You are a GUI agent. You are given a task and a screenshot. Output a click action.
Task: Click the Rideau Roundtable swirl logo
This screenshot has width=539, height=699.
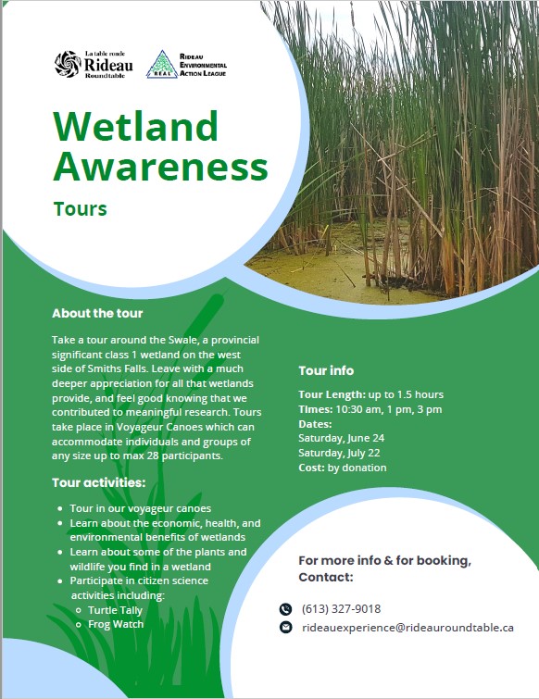68,64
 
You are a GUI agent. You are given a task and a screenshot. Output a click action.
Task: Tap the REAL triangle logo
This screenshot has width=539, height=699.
162,64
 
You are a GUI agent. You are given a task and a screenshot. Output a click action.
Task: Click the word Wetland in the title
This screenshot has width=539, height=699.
135,126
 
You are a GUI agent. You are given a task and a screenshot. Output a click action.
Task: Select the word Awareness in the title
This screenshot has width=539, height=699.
160,166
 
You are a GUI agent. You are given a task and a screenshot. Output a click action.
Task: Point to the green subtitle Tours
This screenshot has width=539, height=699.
81,208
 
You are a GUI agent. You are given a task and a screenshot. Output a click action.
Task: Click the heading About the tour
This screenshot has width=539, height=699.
97,313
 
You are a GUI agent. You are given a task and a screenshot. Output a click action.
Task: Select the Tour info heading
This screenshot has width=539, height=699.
326,370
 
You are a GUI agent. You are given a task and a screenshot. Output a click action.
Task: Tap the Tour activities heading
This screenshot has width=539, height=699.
98,482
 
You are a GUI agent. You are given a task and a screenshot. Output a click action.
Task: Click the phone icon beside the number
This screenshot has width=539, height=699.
285,609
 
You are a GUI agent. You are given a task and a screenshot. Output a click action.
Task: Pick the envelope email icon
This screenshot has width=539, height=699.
285,627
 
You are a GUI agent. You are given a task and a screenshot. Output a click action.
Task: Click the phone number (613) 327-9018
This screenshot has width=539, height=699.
341,609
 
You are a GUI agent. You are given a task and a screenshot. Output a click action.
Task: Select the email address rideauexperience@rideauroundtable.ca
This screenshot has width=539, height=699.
407,628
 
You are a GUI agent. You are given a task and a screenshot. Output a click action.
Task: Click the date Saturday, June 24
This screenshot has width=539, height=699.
341,438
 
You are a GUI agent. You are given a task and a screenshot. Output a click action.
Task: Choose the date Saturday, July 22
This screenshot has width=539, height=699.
339,453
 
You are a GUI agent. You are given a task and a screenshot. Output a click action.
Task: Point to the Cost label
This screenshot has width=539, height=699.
311,468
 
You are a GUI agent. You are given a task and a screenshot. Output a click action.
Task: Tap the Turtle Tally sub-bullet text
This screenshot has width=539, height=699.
115,610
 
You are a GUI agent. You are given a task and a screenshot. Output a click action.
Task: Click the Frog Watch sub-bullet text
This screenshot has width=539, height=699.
116,624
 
